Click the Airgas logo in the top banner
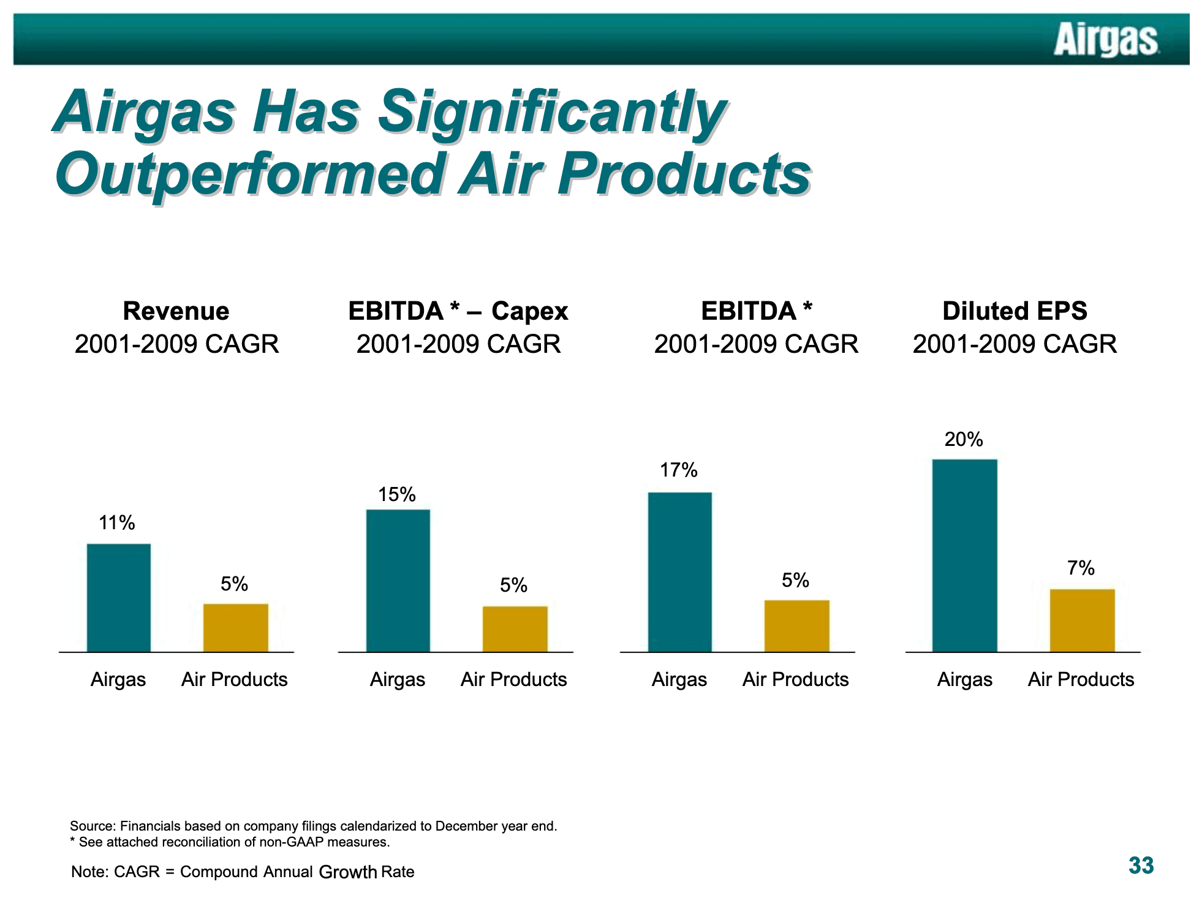[1106, 40]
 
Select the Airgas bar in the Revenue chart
[119, 598]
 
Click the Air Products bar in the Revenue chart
[236, 628]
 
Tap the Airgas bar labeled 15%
[398, 581]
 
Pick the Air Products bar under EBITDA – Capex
[515, 629]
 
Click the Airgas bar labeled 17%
[680, 572]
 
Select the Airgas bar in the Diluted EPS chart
[965, 556]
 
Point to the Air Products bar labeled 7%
[1083, 620]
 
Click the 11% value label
[117, 522]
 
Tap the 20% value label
[964, 439]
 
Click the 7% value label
[1081, 568]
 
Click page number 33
[1141, 866]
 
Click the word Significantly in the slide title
[551, 113]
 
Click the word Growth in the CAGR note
[348, 872]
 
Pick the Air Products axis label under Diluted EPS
[1081, 679]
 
